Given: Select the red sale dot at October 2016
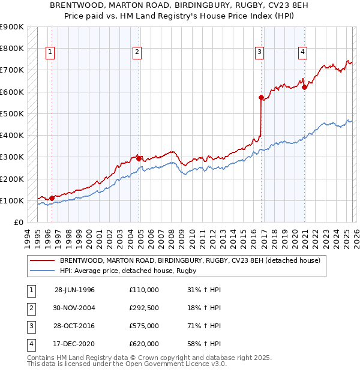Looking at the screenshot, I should click(x=261, y=97).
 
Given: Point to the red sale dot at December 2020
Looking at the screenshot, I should click(x=304, y=87).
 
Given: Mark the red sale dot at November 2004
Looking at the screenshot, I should click(x=139, y=158).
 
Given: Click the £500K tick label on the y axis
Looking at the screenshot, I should click(x=12, y=113).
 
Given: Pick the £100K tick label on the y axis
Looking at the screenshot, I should click(x=12, y=200).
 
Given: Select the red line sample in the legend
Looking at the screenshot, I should click(x=43, y=260).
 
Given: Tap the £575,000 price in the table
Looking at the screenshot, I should click(x=144, y=327).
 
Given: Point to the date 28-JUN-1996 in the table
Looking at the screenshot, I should click(x=74, y=290).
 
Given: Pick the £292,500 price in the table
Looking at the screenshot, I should click(x=144, y=308).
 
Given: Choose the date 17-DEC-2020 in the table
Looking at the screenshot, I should click(x=74, y=344).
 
